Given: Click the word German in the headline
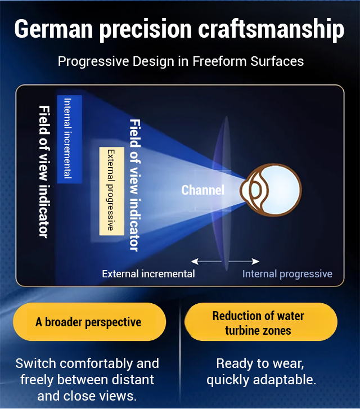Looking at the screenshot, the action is click(x=54, y=29).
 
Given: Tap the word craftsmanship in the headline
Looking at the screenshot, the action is click(x=271, y=30).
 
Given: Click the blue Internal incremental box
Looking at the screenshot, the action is click(x=70, y=139).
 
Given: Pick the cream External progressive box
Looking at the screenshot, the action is click(x=111, y=191).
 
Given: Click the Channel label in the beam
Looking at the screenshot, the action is click(x=203, y=190).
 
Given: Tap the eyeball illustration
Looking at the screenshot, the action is click(x=271, y=190).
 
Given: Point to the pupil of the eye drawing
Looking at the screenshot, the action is click(x=255, y=190).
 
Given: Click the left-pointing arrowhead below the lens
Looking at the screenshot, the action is click(x=195, y=261).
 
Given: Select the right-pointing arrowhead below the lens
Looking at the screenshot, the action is click(x=255, y=261).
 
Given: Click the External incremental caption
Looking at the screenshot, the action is click(x=148, y=274).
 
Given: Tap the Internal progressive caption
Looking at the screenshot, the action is click(x=287, y=274).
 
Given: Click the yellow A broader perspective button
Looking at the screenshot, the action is click(x=89, y=322).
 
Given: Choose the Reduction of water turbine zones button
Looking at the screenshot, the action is click(x=261, y=322).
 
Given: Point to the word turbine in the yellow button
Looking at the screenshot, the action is click(x=242, y=330).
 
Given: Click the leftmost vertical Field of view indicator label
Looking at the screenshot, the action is click(x=44, y=172).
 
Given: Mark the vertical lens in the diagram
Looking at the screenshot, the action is click(x=222, y=194).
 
